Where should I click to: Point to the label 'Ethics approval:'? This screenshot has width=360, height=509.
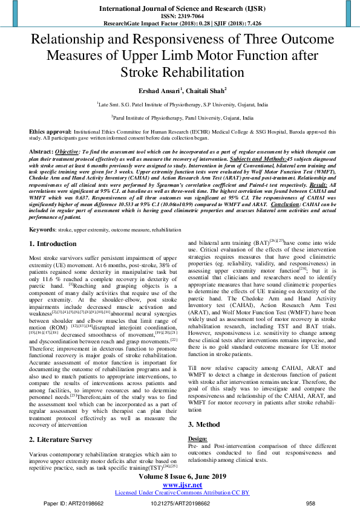51,131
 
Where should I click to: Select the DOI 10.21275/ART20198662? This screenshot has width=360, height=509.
180,502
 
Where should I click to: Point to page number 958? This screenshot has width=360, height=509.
310,502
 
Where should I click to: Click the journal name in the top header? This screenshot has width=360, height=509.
180,8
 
